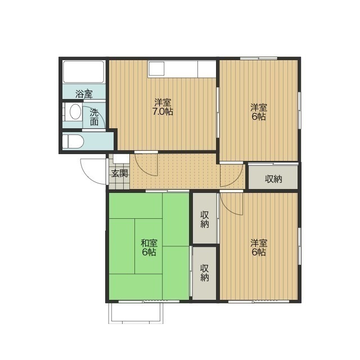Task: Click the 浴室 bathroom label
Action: point(84,94)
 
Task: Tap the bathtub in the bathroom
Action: point(84,71)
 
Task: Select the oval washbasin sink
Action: point(75,112)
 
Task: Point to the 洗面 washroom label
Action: point(94,117)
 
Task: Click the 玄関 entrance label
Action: point(120,173)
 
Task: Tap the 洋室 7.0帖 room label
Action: point(163,107)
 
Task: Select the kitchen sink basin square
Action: point(156,69)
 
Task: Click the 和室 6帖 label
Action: point(149,247)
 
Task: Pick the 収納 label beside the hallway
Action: point(273,179)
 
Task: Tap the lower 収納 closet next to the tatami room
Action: point(205,273)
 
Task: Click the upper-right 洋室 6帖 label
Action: point(259,112)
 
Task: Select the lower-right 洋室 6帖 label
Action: point(259,247)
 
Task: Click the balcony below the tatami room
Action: point(136,313)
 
